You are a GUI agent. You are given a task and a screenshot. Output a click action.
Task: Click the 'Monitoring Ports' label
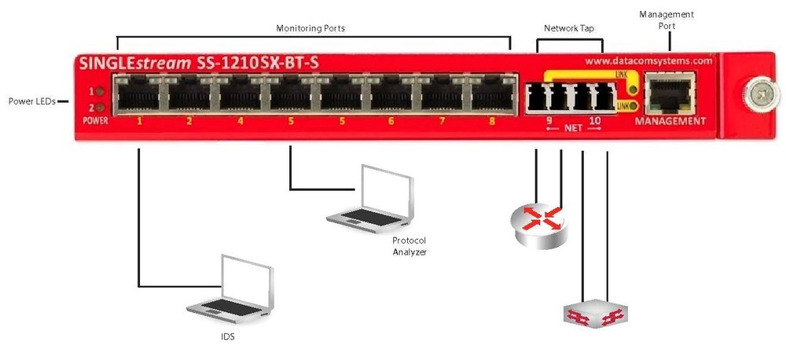pyautogui.click(x=310, y=28)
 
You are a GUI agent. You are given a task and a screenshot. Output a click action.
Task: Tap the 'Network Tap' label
pyautogui.click(x=569, y=28)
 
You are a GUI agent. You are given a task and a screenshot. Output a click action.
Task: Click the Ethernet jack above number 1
pyautogui.click(x=138, y=94)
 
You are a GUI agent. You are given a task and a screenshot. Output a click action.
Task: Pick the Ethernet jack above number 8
pyautogui.click(x=492, y=94)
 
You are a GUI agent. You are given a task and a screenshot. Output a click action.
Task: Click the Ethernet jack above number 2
pyautogui.click(x=189, y=94)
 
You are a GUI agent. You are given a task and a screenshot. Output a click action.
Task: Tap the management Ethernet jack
pyautogui.click(x=670, y=91)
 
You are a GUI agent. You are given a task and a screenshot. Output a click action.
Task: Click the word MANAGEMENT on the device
pyautogui.click(x=670, y=121)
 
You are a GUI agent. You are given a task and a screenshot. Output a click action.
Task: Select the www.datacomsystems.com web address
pyautogui.click(x=648, y=60)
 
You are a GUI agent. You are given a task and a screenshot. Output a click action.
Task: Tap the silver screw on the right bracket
pyautogui.click(x=760, y=94)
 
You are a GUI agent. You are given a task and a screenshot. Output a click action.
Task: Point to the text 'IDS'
pyautogui.click(x=227, y=336)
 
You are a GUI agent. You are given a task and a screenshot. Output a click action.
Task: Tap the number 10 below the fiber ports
pyautogui.click(x=595, y=121)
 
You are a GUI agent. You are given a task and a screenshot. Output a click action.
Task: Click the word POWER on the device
pyautogui.click(x=95, y=121)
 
